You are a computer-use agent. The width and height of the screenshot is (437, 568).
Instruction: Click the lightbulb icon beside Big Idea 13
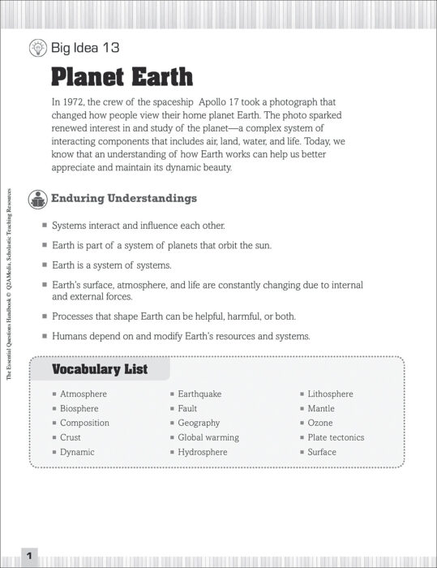click(x=38, y=48)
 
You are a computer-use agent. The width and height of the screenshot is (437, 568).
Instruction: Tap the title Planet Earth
click(x=122, y=77)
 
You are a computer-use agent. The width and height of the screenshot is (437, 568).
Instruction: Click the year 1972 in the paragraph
click(x=75, y=103)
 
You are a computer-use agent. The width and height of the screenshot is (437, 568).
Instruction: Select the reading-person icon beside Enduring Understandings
click(x=37, y=198)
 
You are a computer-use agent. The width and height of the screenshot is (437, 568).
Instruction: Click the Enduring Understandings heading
click(x=124, y=198)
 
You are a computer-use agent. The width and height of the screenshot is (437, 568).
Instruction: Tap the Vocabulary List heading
click(x=100, y=369)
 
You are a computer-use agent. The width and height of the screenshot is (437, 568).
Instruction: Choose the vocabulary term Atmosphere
click(x=84, y=394)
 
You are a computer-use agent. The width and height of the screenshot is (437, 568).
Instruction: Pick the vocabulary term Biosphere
click(x=79, y=408)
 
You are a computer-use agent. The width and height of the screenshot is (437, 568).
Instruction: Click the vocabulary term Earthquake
click(x=199, y=394)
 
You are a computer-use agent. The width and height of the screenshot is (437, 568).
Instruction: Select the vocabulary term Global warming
click(x=208, y=437)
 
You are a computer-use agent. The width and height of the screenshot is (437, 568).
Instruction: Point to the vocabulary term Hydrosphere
click(x=203, y=452)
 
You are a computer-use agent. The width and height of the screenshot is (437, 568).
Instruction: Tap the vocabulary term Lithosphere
click(x=330, y=394)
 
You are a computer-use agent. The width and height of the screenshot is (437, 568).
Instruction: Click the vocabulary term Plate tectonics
click(x=336, y=437)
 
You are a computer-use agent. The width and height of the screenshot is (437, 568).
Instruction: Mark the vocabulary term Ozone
click(x=320, y=423)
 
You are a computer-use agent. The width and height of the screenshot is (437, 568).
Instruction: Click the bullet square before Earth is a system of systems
click(x=45, y=265)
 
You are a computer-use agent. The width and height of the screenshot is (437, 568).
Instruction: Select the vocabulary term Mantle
click(x=321, y=408)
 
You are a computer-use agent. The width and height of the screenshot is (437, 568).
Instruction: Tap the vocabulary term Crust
click(x=71, y=437)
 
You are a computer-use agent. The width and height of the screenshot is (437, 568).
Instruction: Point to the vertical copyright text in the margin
click(x=9, y=284)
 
